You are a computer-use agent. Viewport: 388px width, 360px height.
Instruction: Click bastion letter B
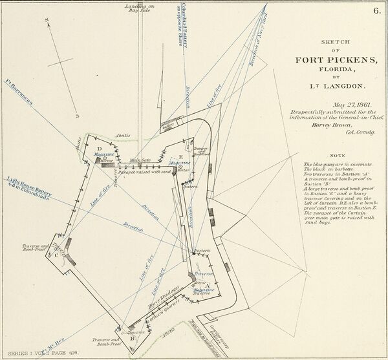coord(133,337)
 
